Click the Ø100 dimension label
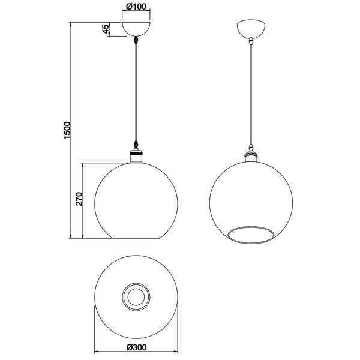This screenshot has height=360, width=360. [137, 8]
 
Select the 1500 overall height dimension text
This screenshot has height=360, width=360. [67, 130]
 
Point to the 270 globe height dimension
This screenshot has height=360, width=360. [79, 199]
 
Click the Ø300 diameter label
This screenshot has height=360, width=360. [137, 347]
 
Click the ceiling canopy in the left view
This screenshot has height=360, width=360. [137, 29]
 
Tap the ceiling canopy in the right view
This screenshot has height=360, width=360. [250, 29]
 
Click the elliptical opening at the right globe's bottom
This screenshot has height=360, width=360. [250, 232]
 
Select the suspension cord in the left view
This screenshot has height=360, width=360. [137, 96]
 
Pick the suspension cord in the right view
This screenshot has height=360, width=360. [250, 96]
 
